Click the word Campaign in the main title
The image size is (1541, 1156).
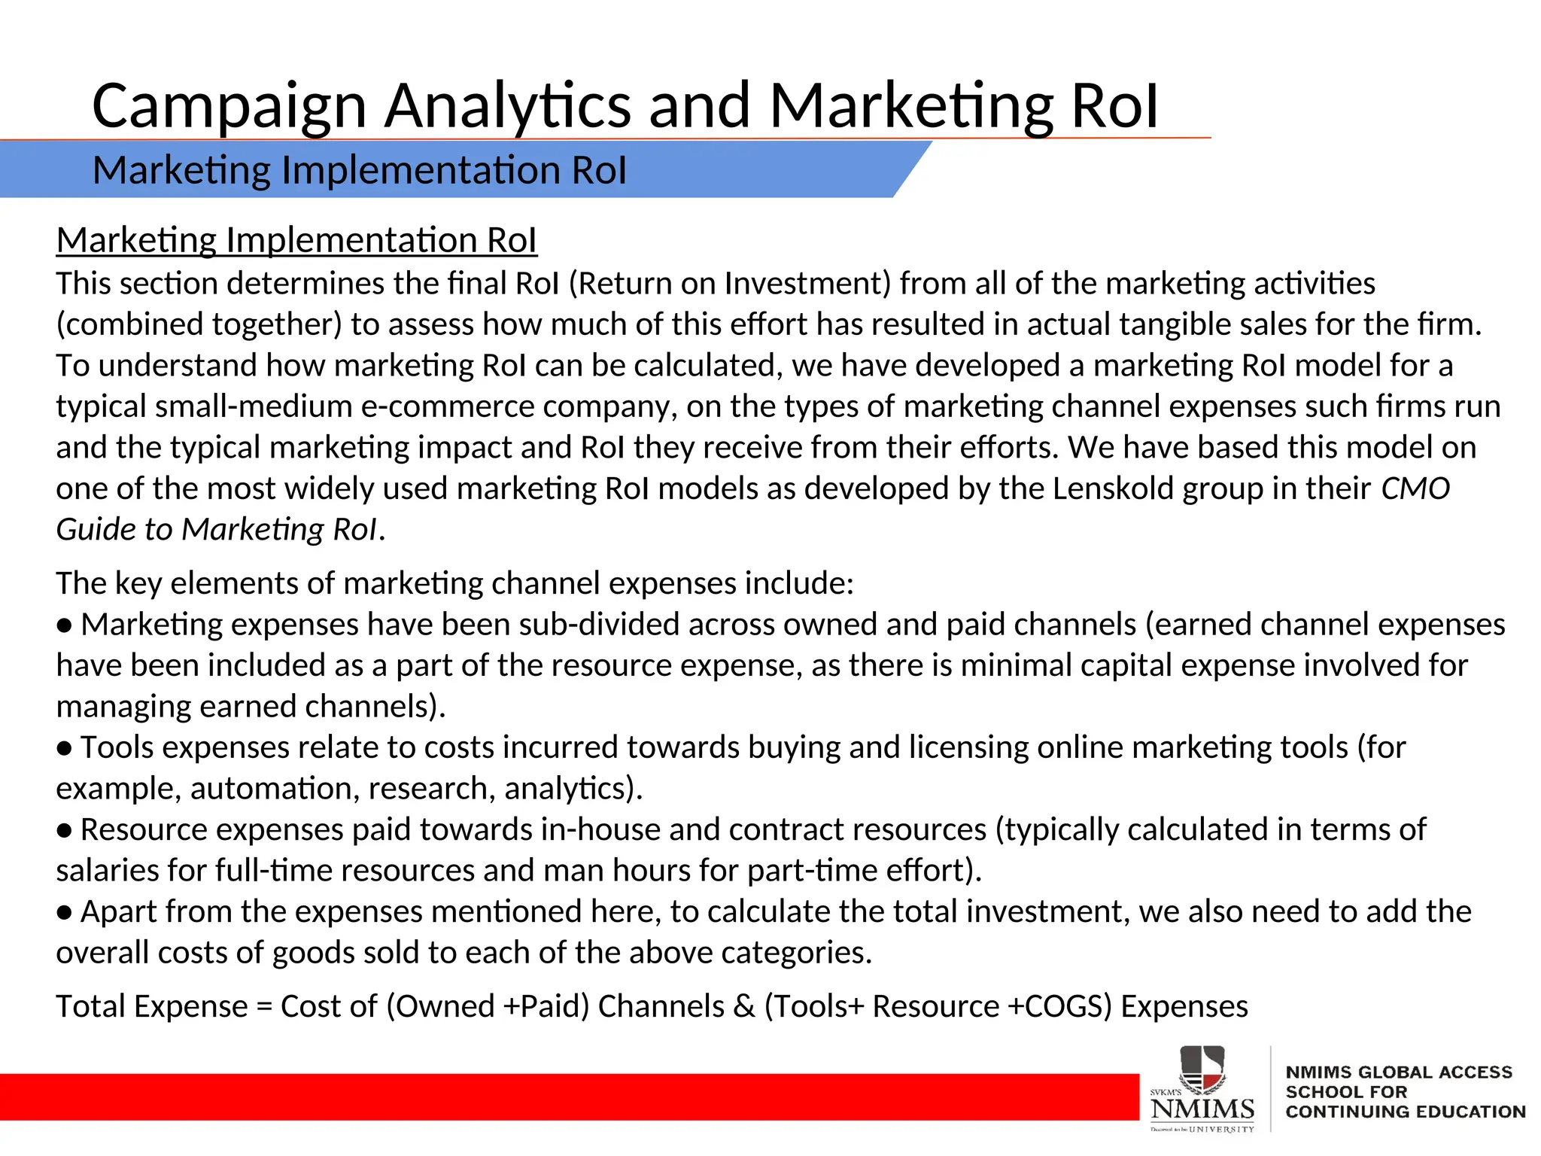coord(229,107)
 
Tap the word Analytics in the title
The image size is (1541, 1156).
coord(508,107)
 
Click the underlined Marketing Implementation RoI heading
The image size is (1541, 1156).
coord(296,241)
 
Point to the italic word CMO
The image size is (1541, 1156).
coord(1415,489)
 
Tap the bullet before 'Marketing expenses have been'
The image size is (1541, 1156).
coord(65,626)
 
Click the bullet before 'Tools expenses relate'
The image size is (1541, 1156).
coord(65,749)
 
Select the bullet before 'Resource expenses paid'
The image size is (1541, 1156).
coord(65,831)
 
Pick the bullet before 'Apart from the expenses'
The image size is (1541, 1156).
coord(65,913)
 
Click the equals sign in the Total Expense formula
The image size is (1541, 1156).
coord(264,1008)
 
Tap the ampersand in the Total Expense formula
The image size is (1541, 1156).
coord(744,1008)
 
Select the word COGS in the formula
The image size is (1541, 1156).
coord(1062,1008)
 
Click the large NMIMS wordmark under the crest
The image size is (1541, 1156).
coord(1202,1109)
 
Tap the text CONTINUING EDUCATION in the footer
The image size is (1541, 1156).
coord(1405,1112)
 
